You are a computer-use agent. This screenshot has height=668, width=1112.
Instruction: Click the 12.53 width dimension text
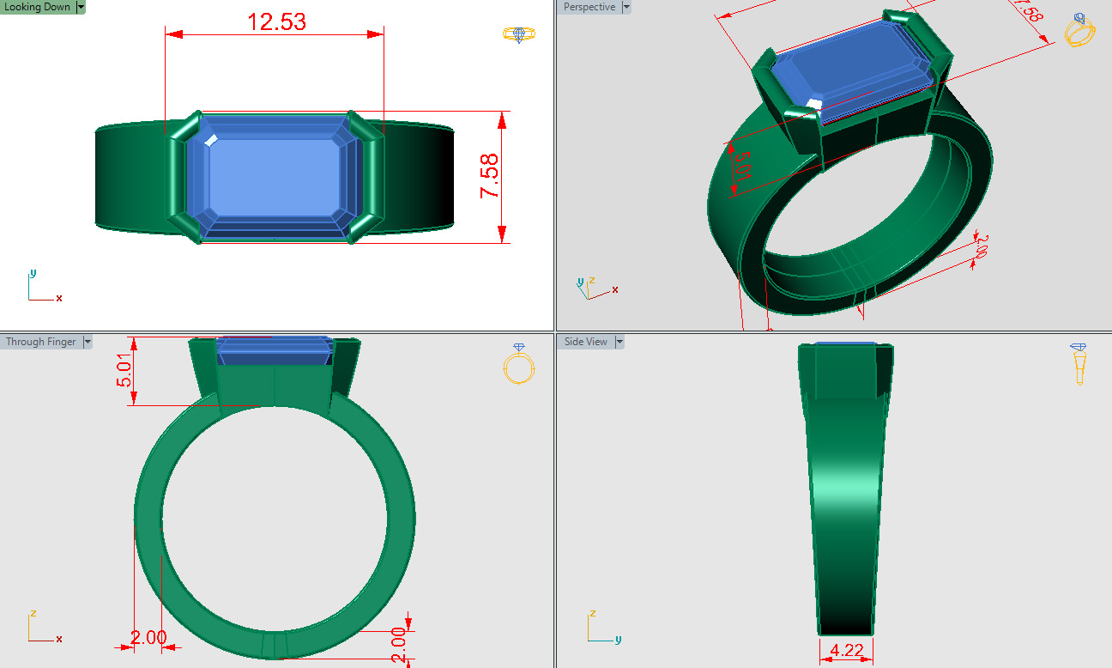coord(276,21)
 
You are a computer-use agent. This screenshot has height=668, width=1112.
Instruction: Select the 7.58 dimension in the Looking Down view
coord(489,176)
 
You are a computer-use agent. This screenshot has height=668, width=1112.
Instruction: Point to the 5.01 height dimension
coord(125,370)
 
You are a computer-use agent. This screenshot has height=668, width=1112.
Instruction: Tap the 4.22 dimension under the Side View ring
coord(847,650)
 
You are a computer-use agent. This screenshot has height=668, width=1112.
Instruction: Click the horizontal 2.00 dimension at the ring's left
coord(148,637)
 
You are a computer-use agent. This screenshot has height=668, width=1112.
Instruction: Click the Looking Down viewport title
coord(37,7)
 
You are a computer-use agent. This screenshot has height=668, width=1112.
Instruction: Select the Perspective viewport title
coord(589,7)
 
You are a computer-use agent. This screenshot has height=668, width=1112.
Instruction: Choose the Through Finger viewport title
coord(40,342)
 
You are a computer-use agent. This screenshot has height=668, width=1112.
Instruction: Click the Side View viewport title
coord(585,342)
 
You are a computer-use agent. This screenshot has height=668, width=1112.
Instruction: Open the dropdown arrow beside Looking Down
coord(81,7)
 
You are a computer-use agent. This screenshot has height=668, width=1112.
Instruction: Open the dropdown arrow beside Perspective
coord(625,7)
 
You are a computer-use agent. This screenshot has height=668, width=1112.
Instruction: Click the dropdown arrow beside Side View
coord(619,342)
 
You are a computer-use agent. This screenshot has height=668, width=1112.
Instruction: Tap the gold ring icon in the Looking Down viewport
coord(518,34)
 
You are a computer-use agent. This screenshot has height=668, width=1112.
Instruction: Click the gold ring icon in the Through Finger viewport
coord(518,364)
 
